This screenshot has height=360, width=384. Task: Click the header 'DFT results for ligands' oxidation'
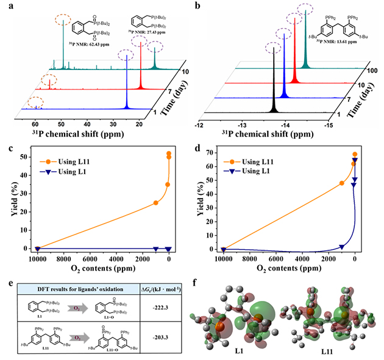coord(85,281)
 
